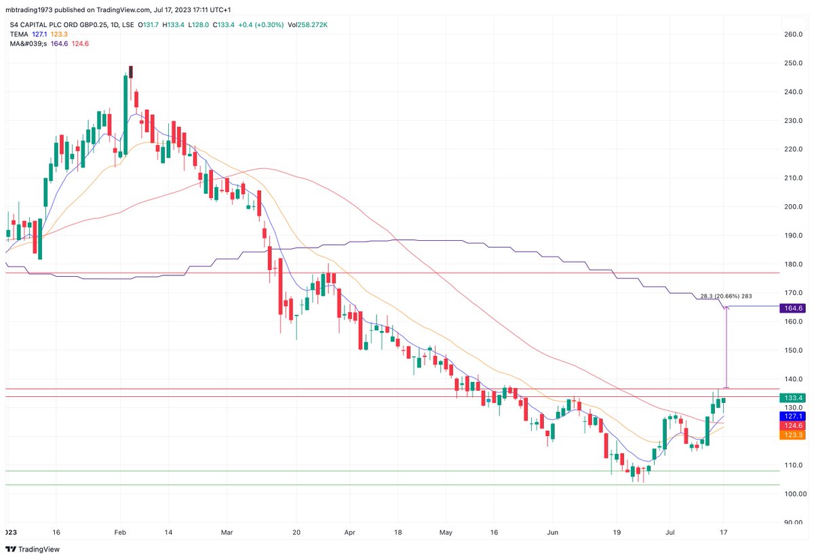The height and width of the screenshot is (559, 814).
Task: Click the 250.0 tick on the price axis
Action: point(792,63)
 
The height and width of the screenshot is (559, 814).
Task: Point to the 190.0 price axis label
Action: point(792,235)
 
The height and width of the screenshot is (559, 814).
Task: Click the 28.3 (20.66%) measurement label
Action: point(726,296)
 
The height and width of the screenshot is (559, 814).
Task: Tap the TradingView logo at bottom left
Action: point(33,550)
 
